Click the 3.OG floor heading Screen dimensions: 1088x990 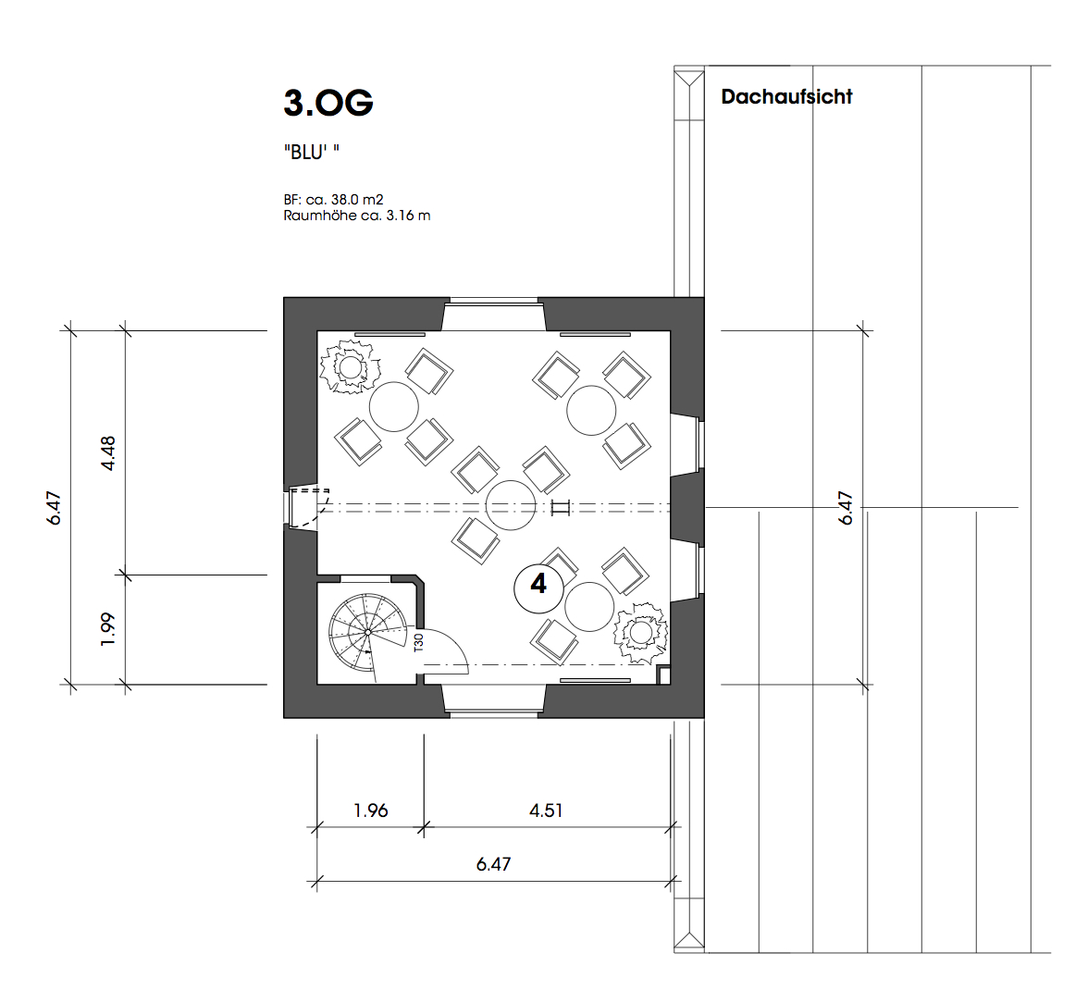[328, 103]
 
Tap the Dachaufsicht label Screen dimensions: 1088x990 [786, 96]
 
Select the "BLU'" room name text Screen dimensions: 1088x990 [312, 152]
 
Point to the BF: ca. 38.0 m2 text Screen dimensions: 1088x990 [333, 200]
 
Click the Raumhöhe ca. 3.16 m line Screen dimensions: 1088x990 [357, 216]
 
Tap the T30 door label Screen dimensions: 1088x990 [418, 643]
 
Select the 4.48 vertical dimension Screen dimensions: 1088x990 [108, 453]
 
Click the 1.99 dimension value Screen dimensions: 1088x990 [107, 629]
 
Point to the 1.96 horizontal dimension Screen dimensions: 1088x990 [370, 811]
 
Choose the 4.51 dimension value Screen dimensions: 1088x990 [546, 811]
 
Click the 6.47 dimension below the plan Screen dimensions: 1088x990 [493, 864]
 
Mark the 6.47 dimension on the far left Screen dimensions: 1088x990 [54, 508]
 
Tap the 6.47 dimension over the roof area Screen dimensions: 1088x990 [846, 508]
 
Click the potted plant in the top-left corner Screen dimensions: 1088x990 [351, 367]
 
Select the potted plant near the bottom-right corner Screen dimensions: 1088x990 [640, 633]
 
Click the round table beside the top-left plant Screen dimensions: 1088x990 [393, 406]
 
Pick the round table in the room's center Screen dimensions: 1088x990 [511, 505]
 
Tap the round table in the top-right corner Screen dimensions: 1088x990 [591, 411]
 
